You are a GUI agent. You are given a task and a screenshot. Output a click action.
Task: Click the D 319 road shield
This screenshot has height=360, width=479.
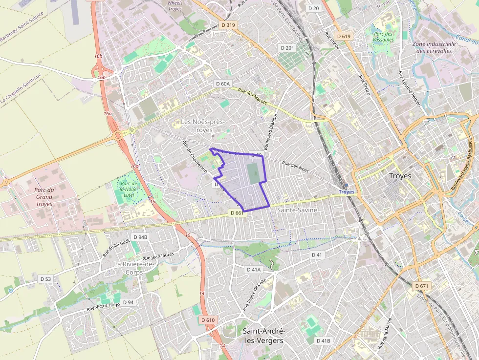coord(228,25)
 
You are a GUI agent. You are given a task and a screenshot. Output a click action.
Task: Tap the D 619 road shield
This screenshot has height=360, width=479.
coord(344,36)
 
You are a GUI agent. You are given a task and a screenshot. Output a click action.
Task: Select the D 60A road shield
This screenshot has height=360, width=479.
coord(222,84)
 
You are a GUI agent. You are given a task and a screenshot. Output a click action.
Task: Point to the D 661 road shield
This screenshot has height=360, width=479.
coord(236,213)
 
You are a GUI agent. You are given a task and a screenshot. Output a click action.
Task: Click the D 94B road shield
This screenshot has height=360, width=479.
coord(140,237)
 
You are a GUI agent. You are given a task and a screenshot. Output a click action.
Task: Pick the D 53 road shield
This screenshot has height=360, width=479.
coord(45,279)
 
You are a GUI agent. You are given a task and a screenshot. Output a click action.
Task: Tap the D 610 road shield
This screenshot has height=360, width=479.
coord(208,319)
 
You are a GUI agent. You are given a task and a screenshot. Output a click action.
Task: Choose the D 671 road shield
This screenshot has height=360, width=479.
coord(421,285)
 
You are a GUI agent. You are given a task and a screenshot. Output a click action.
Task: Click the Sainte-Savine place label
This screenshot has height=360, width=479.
coord(297,210)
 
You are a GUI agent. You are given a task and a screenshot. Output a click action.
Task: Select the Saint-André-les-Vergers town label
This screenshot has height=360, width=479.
coord(263,336)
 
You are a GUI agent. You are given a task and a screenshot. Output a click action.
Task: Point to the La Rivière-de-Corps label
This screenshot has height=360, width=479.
coord(134,268)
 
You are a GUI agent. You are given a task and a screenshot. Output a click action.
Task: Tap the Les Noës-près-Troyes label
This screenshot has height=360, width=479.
coord(196,126)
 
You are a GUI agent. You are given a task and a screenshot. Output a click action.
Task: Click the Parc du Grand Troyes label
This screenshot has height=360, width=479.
coord(44,197)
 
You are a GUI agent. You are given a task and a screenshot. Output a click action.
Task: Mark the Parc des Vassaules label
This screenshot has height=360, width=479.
coord(383,37)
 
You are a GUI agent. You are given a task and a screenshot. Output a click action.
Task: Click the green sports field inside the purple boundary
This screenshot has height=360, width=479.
coord(253,174)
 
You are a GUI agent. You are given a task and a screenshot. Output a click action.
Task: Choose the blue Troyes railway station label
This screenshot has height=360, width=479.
coord(347,192)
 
